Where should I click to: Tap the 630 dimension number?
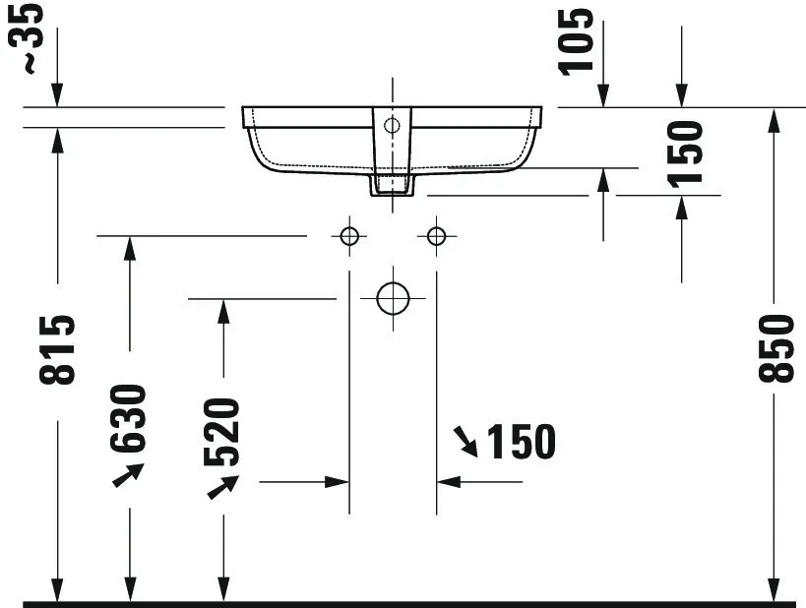point(129,418)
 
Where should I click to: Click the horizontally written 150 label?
point(520,443)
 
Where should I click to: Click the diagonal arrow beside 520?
point(223,486)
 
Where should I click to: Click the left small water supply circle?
point(348,236)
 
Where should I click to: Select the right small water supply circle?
point(436,236)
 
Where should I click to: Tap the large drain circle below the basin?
point(393,297)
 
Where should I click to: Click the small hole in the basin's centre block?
point(392,125)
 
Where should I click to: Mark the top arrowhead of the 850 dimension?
point(775,119)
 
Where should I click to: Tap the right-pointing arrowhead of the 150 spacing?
point(339,481)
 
